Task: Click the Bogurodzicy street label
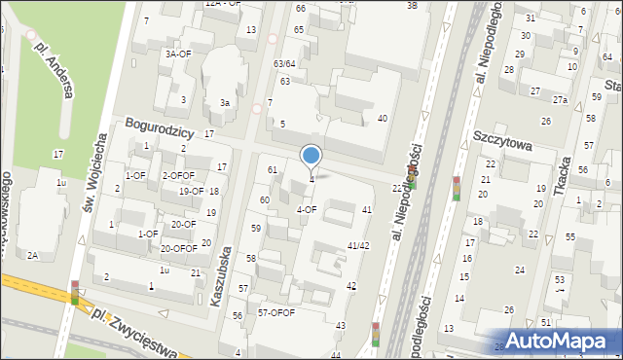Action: coord(161,128)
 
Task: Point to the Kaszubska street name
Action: coord(223,276)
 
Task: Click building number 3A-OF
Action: coord(177,54)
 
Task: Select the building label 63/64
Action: coord(284,63)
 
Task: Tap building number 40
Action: coord(383,119)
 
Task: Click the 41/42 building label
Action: coord(358,245)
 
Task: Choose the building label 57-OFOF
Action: coord(276,312)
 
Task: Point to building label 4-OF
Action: coord(307,208)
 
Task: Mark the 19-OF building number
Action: coord(191,191)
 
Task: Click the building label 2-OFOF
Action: coord(178,175)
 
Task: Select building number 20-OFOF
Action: coord(178,248)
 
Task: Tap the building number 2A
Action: coord(33,255)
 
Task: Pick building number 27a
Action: coord(560,99)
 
